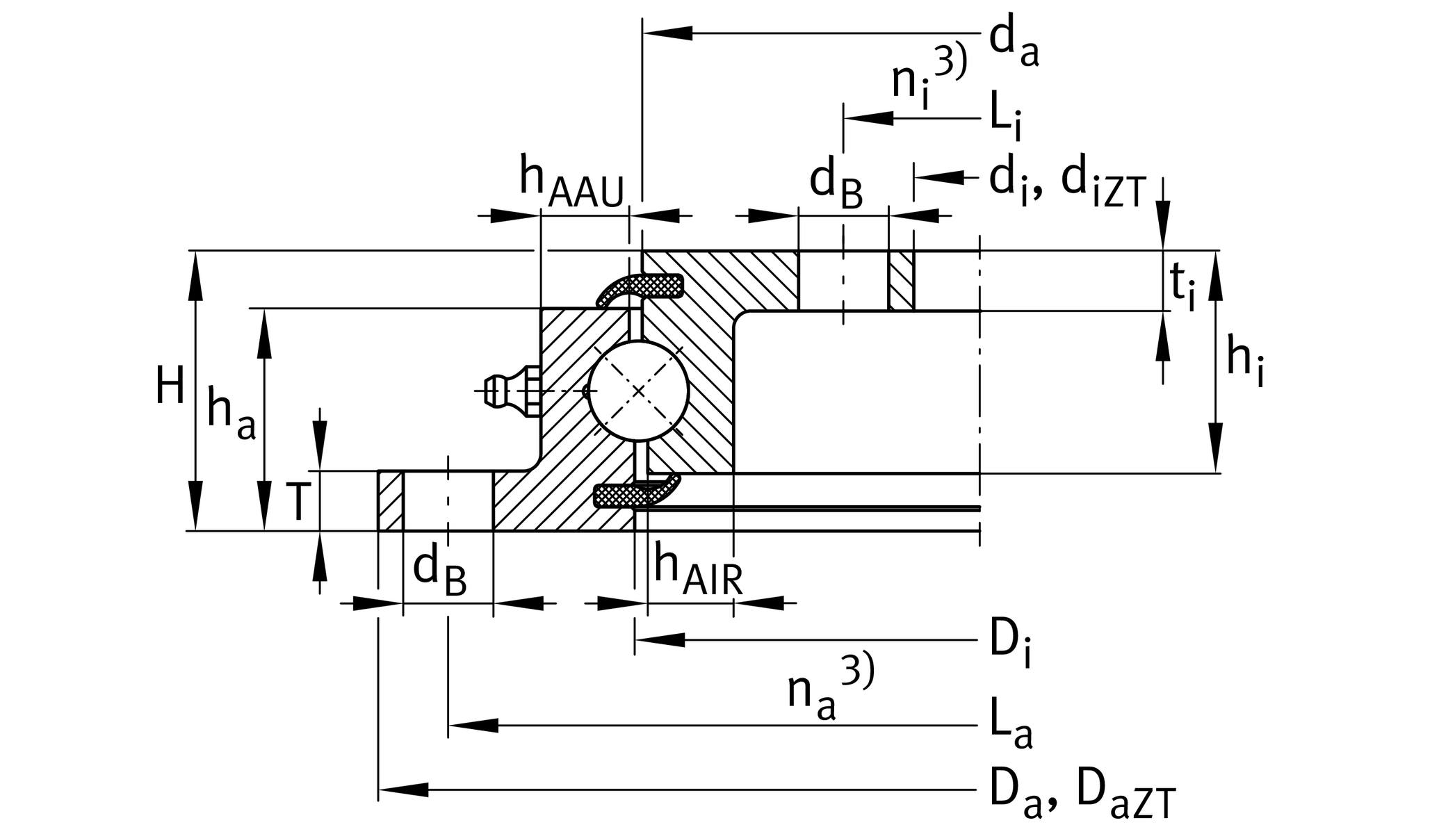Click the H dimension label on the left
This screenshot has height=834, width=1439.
(x=170, y=386)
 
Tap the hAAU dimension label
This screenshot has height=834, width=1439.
(x=572, y=183)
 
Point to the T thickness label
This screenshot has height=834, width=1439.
(x=298, y=502)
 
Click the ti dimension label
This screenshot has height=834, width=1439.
(x=1182, y=285)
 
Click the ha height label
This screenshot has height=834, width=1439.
(x=231, y=415)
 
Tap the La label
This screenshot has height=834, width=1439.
(x=1011, y=730)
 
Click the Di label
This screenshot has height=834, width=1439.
(x=1010, y=644)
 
